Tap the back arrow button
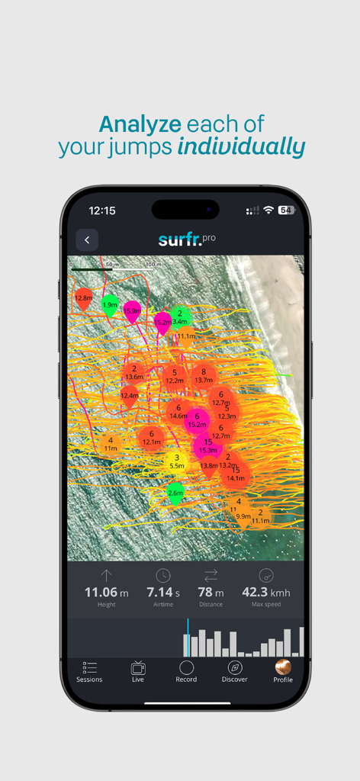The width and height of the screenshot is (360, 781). (x=87, y=239)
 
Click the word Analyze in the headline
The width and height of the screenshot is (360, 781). (x=139, y=124)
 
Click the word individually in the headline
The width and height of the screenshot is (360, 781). (x=241, y=146)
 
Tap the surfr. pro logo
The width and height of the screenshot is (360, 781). (x=187, y=239)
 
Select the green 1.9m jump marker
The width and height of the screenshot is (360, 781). (x=111, y=304)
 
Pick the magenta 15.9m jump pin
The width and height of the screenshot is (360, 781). (x=133, y=310)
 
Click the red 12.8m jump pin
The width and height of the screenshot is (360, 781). (x=84, y=298)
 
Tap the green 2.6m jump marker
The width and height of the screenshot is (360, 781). (x=175, y=493)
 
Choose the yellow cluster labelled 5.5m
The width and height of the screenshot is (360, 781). (x=176, y=461)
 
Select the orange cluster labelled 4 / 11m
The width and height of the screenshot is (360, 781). (x=111, y=444)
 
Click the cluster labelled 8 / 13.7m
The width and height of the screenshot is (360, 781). (x=204, y=375)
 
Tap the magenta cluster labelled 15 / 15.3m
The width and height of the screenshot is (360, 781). (x=207, y=446)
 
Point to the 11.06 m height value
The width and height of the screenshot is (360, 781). (x=106, y=592)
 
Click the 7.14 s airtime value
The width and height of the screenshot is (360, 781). (x=162, y=592)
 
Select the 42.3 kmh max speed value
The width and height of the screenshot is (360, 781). (x=266, y=592)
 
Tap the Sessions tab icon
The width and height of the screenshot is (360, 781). (x=89, y=668)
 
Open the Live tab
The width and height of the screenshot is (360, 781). (x=138, y=668)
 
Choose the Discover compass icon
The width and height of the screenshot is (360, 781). (x=234, y=668)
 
